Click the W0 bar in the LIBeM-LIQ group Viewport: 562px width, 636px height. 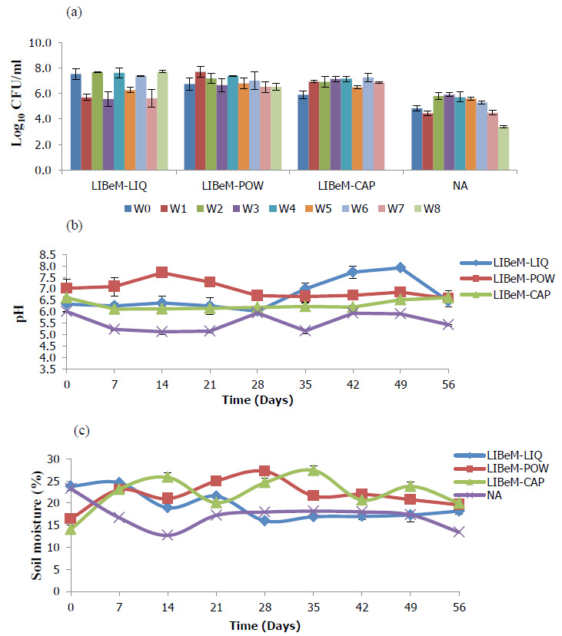point(76,122)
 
